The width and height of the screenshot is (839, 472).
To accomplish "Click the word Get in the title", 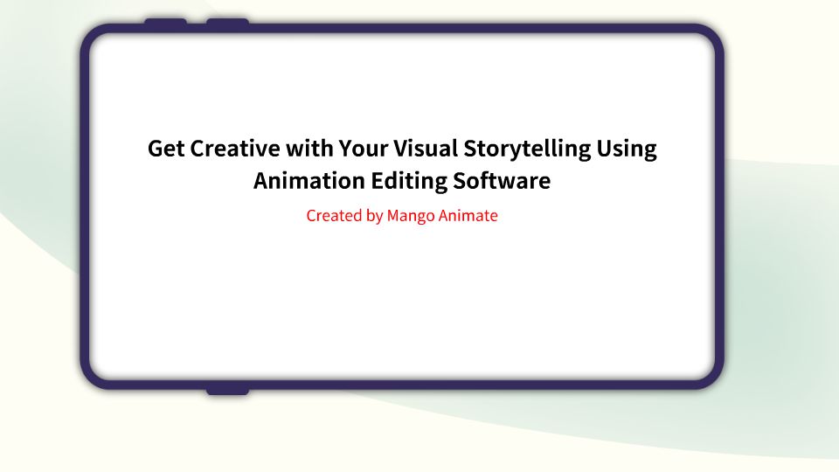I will pos(166,149).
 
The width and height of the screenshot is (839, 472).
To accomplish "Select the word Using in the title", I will pos(627,149).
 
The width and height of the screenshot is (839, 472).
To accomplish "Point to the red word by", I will pos(374,216).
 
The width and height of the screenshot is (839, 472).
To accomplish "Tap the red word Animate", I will pos(468,215).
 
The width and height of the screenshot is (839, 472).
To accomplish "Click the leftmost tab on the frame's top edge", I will pos(165,22).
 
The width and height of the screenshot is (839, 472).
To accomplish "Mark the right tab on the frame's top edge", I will pos(227,22).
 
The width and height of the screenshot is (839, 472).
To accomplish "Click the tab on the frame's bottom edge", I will pos(227,391).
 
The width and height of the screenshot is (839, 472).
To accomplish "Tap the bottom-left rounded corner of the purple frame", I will pos(94,374).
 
